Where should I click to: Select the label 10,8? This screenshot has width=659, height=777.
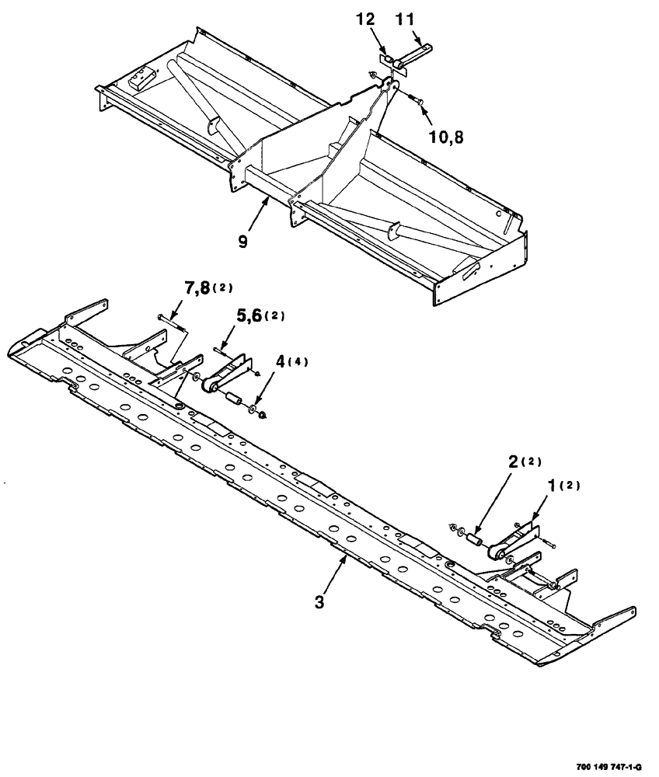447,137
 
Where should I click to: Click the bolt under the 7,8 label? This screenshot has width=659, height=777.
170,320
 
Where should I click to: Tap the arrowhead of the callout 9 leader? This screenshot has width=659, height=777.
268,200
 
